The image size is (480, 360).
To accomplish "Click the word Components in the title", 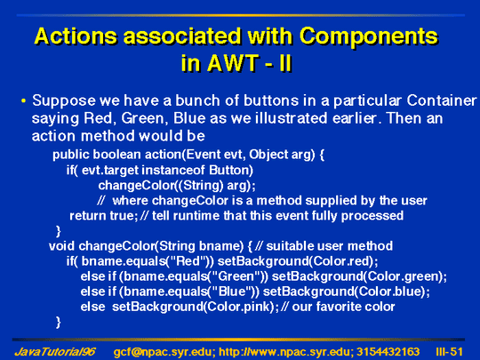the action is [369, 36].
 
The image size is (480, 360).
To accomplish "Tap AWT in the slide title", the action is [232, 63].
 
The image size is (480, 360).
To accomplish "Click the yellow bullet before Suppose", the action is [24, 100].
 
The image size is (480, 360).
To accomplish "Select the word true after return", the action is [123, 216].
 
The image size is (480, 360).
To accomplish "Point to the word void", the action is [61, 246].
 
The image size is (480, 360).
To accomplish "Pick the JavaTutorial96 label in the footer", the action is [55, 352].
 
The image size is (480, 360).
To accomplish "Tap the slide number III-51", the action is [449, 352].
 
